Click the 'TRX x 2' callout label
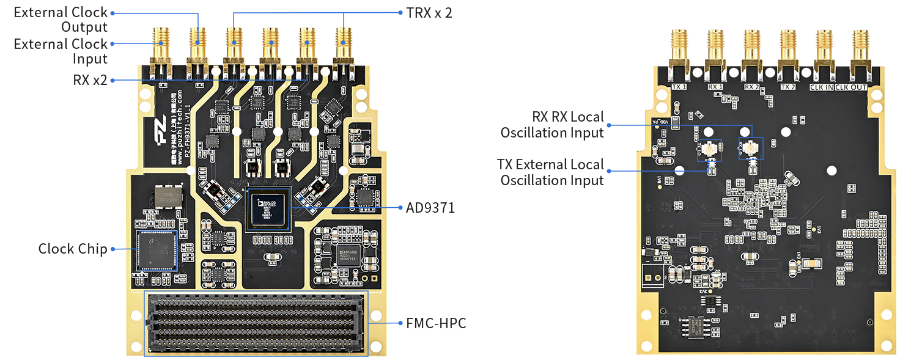429,12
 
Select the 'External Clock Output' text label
61,20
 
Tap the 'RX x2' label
91,80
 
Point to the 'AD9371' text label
430,208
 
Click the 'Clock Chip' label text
73,249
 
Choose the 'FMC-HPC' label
436,323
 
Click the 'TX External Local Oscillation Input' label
551,172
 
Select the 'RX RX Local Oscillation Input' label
551,125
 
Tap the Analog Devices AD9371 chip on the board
269,208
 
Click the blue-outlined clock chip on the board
157,250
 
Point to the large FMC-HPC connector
256,323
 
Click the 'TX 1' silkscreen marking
680,87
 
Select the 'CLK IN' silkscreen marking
821,87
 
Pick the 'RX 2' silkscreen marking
751,87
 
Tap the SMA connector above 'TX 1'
679,49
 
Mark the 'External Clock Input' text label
61,51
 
